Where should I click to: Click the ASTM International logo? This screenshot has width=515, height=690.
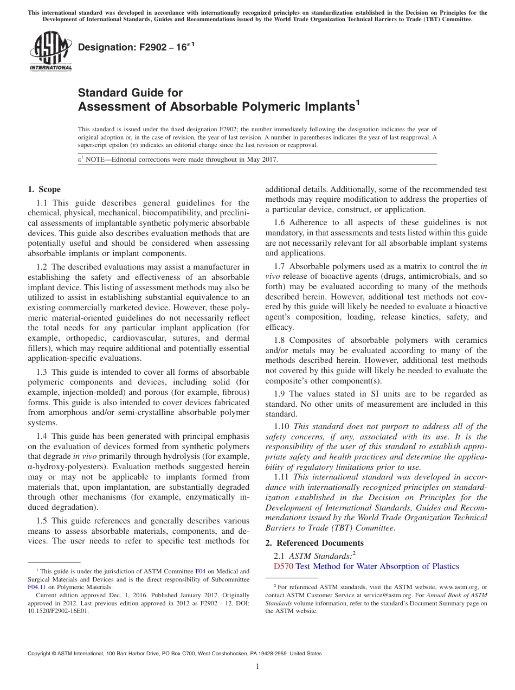(50, 51)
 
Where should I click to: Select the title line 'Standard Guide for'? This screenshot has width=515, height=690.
(131, 93)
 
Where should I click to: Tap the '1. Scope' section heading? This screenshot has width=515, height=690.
(44, 189)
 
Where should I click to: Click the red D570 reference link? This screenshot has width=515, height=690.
(284, 566)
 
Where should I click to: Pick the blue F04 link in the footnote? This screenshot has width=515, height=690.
(200, 571)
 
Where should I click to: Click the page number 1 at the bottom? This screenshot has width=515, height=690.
(257, 667)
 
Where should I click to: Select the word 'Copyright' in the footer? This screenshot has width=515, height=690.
(41, 654)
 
